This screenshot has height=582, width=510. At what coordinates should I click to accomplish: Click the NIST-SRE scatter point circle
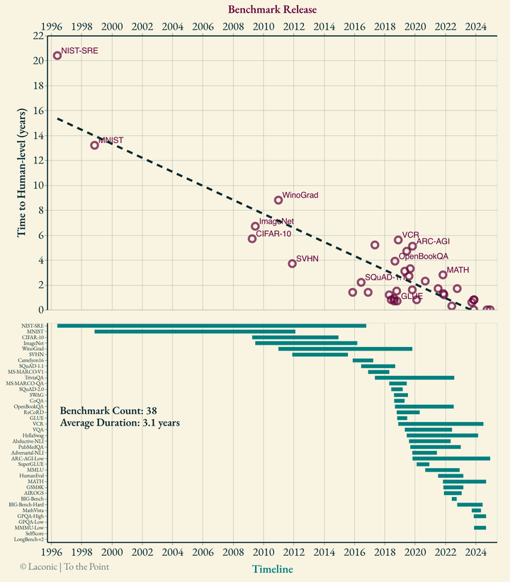57,55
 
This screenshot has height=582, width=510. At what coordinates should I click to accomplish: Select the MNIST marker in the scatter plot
95,145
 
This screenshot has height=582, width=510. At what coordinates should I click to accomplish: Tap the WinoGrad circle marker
278,200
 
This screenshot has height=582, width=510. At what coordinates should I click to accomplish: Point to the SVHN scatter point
292,263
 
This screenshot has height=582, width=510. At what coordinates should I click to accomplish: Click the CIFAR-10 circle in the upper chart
252,239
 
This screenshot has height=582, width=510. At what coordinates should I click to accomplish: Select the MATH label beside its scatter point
458,270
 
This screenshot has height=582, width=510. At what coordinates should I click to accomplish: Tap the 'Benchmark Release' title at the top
272,9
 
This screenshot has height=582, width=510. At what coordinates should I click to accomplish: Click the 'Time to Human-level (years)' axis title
22,171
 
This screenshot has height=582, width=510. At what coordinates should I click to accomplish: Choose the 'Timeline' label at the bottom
273,569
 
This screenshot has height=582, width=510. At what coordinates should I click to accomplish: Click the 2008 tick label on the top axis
234,28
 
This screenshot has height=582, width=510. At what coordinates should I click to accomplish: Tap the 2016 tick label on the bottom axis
355,552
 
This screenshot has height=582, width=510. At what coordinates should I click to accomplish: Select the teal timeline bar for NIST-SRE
211,326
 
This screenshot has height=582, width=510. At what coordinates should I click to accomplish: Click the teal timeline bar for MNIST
195,331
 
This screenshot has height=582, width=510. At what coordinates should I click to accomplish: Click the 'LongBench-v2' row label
28,540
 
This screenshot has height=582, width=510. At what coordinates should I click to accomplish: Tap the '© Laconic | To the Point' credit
64,566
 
